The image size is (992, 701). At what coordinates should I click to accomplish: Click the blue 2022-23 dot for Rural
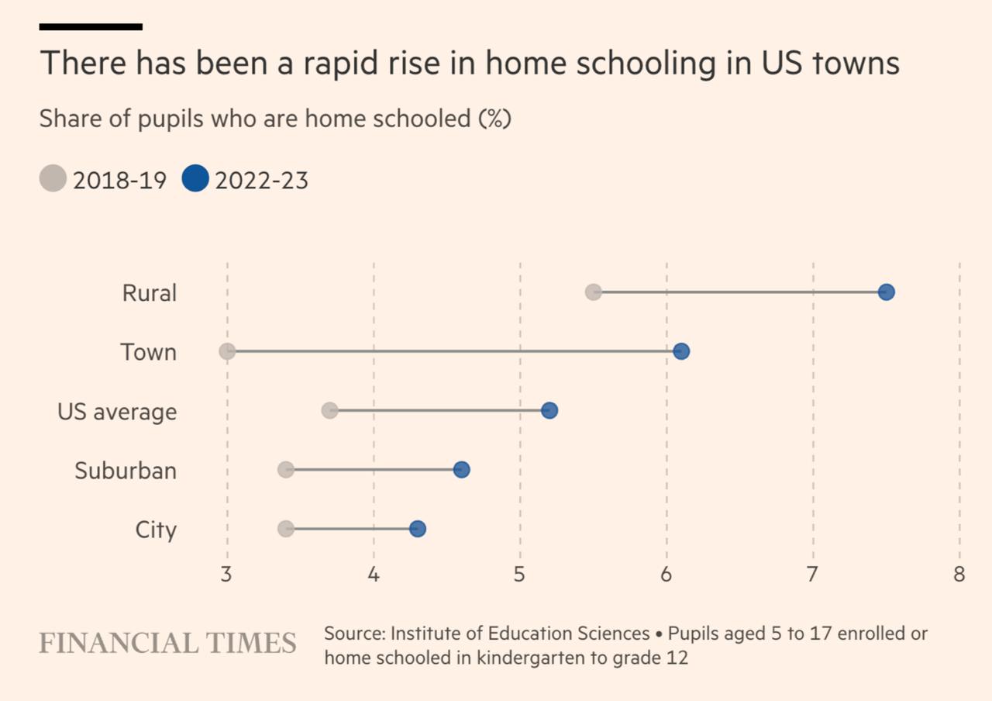point(887,292)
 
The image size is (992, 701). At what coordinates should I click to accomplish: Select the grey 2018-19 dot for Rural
point(594,292)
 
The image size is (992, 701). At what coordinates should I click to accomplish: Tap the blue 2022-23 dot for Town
point(681,351)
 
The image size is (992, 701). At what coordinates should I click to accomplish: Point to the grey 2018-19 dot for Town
point(227,351)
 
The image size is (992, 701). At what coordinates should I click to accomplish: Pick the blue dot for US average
point(549,410)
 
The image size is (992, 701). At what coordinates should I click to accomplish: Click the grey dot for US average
point(329,410)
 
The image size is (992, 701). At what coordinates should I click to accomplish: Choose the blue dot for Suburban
point(461,470)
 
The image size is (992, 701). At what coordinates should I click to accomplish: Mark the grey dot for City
point(286,529)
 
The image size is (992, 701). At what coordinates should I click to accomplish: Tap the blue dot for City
point(418,529)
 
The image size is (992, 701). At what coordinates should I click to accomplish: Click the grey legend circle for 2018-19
point(53,179)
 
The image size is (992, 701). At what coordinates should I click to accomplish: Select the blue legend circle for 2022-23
point(195,179)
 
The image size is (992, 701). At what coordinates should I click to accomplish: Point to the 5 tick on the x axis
point(520,575)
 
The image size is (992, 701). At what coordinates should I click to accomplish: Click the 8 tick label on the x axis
point(959,575)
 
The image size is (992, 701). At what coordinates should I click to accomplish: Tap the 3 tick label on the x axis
point(227,575)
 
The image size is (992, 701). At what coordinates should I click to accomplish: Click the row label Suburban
point(126,471)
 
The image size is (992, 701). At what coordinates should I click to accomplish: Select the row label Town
point(149,352)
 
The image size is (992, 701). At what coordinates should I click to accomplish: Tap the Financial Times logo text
point(167,644)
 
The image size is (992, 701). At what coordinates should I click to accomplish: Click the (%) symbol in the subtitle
point(494,119)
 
